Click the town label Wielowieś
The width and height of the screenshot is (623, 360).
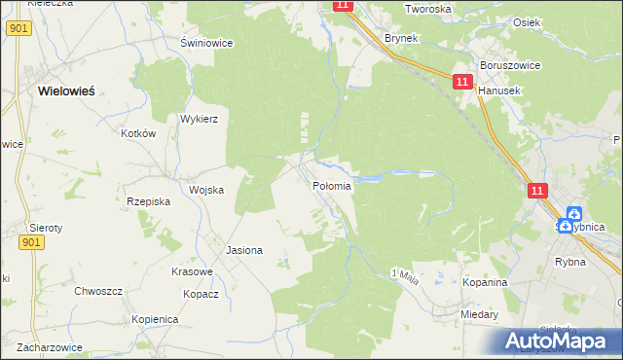point(65,90)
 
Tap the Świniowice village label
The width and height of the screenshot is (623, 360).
point(204,43)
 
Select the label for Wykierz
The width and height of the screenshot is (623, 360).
point(199,119)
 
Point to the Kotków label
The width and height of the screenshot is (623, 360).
point(139,134)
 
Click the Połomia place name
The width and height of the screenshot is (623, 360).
point(331,185)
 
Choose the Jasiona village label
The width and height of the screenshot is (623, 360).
point(244,250)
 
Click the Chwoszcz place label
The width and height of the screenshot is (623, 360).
point(97,291)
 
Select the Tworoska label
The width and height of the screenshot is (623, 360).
point(428,9)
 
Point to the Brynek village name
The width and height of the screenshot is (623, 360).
point(401,38)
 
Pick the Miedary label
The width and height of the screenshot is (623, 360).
point(481,315)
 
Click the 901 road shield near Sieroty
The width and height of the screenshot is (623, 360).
point(31,243)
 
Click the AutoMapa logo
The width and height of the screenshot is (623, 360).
point(561,341)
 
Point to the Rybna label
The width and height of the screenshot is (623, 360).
point(569,261)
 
